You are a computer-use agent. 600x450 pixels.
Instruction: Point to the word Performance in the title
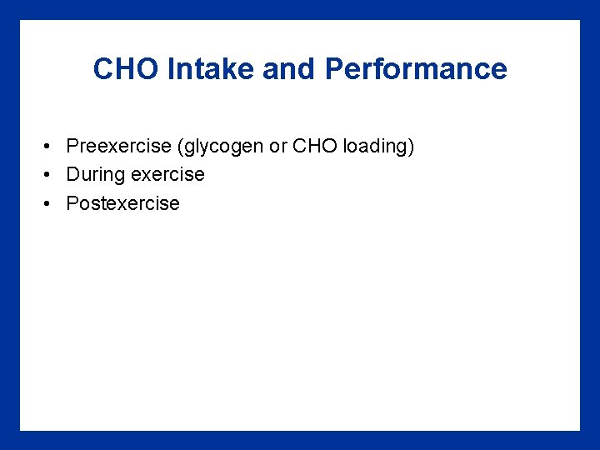pos(416,69)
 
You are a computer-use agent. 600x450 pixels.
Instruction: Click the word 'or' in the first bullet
pos(277,147)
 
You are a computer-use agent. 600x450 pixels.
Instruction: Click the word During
pos(92,175)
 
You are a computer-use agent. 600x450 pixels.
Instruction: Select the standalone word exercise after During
pos(165,175)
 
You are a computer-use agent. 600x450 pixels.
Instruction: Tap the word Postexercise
pos(122,204)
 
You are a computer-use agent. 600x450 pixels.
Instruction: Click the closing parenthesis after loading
pos(411,147)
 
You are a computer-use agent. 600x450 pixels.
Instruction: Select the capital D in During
pos(72,175)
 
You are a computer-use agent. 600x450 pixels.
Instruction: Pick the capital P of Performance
pos(333,69)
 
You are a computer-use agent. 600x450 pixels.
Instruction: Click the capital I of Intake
pos(170,69)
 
